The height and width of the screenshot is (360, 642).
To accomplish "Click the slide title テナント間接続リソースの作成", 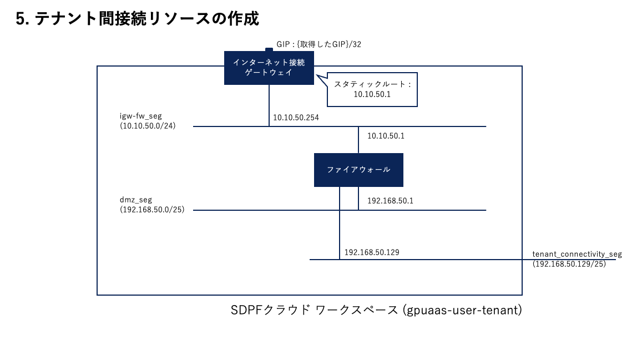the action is (147, 19).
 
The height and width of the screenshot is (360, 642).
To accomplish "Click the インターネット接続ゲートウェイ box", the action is (269, 68).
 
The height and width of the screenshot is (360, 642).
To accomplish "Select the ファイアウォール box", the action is (358, 170).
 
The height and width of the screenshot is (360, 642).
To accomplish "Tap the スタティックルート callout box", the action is (372, 90).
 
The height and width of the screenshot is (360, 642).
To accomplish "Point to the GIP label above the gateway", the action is (319, 44).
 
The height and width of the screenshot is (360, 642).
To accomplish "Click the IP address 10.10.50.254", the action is (296, 118).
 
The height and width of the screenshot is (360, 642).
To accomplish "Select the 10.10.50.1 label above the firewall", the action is (386, 136).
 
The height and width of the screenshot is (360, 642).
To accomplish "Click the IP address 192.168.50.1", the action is (390, 201).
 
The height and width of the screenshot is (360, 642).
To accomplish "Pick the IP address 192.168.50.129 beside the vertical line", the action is (372, 252).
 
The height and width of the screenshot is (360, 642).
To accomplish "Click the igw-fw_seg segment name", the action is (141, 116).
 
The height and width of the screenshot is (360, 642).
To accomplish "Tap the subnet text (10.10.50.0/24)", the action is (148, 126).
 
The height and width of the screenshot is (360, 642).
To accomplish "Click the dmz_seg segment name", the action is (136, 200).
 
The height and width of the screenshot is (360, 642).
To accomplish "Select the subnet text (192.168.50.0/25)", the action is (152, 210).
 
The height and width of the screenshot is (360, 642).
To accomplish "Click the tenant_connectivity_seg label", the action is (577, 255).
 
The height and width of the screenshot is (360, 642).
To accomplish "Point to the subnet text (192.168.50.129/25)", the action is (569, 264).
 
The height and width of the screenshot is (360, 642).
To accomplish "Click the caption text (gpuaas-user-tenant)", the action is (463, 310).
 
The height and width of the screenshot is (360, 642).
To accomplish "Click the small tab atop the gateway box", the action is (269, 49).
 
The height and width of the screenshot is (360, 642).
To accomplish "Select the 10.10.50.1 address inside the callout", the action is (372, 94).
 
